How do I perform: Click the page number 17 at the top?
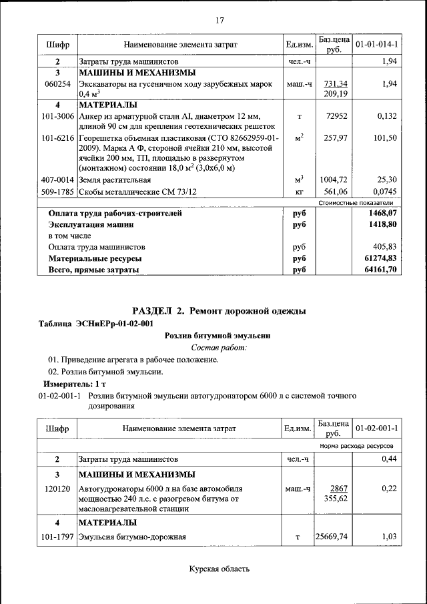[x=220, y=20]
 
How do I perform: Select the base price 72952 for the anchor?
[x=333, y=116]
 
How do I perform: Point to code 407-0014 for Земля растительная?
[x=57, y=180]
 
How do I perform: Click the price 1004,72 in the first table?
[x=333, y=180]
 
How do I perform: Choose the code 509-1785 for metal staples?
[x=57, y=192]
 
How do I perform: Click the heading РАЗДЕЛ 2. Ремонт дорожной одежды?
[x=220, y=311]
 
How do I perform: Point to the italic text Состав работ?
[x=220, y=347]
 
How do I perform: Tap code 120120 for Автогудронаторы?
[x=57, y=489]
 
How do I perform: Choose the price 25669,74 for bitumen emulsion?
[x=332, y=536]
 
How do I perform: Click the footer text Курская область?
[x=220, y=569]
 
